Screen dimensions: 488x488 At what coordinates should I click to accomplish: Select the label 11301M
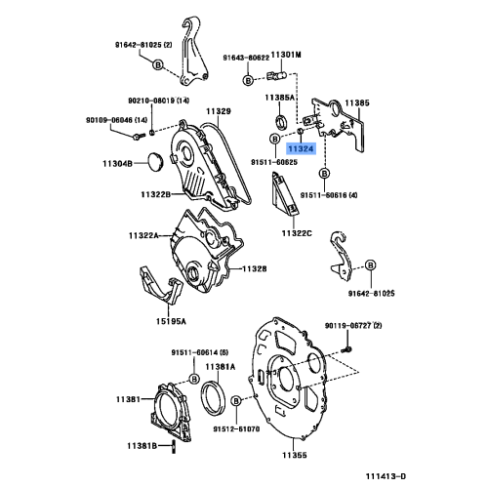click(x=285, y=56)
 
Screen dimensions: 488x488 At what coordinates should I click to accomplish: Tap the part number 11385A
click(x=280, y=99)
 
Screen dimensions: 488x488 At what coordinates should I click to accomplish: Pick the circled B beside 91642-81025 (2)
click(x=156, y=64)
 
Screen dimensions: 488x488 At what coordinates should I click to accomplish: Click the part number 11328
click(x=255, y=268)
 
